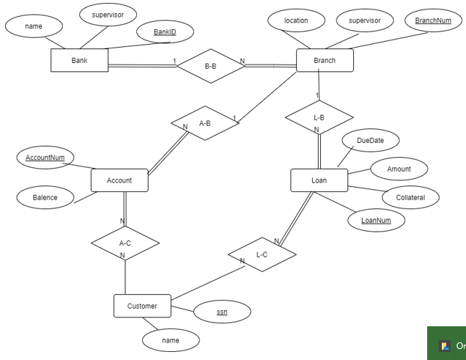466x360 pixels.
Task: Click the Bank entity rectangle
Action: point(79,60)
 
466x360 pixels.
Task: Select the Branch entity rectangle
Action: point(325,60)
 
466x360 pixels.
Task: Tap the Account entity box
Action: point(119,180)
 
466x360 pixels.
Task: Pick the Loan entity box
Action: point(319,180)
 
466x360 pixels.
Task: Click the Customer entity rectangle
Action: point(142,306)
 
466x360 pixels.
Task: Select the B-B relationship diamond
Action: point(210,66)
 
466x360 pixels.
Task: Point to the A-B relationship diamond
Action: point(205,123)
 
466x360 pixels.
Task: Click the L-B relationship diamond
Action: point(319,117)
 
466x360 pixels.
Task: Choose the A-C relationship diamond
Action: point(125,243)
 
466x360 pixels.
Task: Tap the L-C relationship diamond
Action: point(262,254)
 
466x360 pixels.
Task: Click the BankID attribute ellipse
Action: point(165,32)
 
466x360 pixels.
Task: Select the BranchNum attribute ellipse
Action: point(433,21)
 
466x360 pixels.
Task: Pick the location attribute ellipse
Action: point(296,21)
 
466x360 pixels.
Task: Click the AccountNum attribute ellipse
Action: point(45,158)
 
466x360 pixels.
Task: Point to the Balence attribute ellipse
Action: point(45,197)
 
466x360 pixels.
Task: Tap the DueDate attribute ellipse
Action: point(370,140)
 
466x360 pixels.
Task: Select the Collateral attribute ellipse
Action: point(410,197)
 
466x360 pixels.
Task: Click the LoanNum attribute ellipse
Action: point(376,220)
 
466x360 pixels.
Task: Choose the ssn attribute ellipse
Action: point(222,312)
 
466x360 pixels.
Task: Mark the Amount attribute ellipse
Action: point(399,169)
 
